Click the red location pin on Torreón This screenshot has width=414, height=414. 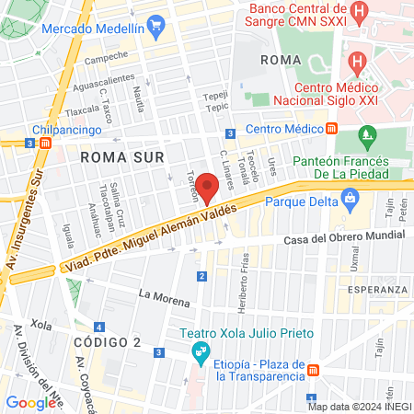click(x=208, y=190)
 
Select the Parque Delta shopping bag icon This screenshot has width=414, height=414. click(x=350, y=197)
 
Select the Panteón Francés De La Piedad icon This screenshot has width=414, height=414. click(x=368, y=138)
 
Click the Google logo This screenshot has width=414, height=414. click(x=30, y=402)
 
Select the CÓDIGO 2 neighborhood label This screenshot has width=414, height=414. click(x=109, y=342)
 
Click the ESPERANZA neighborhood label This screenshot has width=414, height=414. click(x=377, y=290)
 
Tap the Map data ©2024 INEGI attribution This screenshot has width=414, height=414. click(x=358, y=406)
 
